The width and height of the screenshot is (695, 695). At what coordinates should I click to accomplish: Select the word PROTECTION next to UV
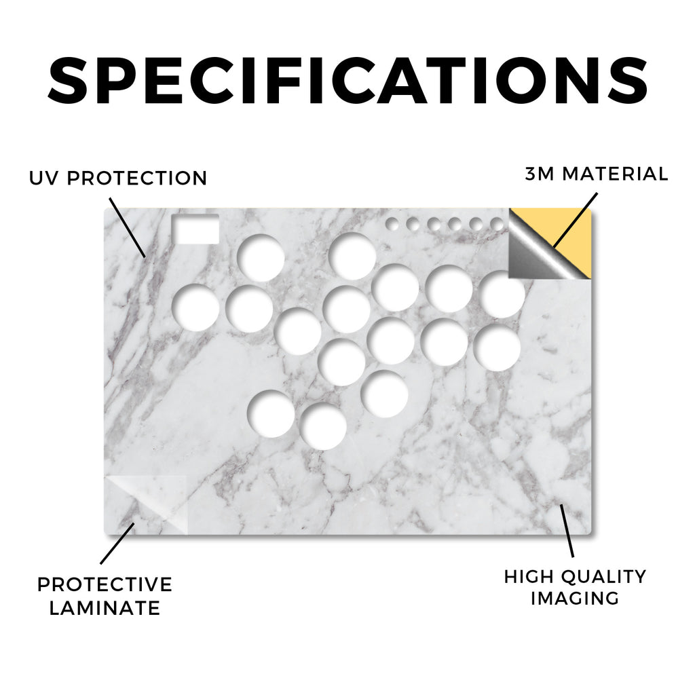pos(137,179)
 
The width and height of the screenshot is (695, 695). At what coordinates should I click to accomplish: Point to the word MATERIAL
pos(615,174)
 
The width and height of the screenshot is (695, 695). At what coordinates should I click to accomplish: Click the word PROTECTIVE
pos(105,584)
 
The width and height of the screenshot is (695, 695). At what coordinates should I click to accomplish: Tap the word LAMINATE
pos(105,608)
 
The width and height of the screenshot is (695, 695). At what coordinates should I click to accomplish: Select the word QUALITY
pos(603,577)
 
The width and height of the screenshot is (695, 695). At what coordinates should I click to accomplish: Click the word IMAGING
pos(575,599)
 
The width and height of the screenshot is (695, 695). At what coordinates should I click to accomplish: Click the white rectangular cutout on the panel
pos(195,229)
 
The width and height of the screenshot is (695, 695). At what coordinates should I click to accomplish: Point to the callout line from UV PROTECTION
pos(127,228)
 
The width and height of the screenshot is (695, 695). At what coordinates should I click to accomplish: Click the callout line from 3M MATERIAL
pos(576,219)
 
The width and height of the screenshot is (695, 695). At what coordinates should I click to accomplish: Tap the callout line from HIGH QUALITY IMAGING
pos(567,531)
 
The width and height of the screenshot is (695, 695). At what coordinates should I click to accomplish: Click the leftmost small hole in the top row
pos(392,224)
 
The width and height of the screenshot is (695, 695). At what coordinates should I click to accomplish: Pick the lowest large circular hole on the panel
pos(323,426)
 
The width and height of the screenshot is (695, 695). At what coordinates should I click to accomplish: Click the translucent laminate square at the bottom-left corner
pos(146,505)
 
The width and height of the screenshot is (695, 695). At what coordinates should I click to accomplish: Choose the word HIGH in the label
pos(528,577)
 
